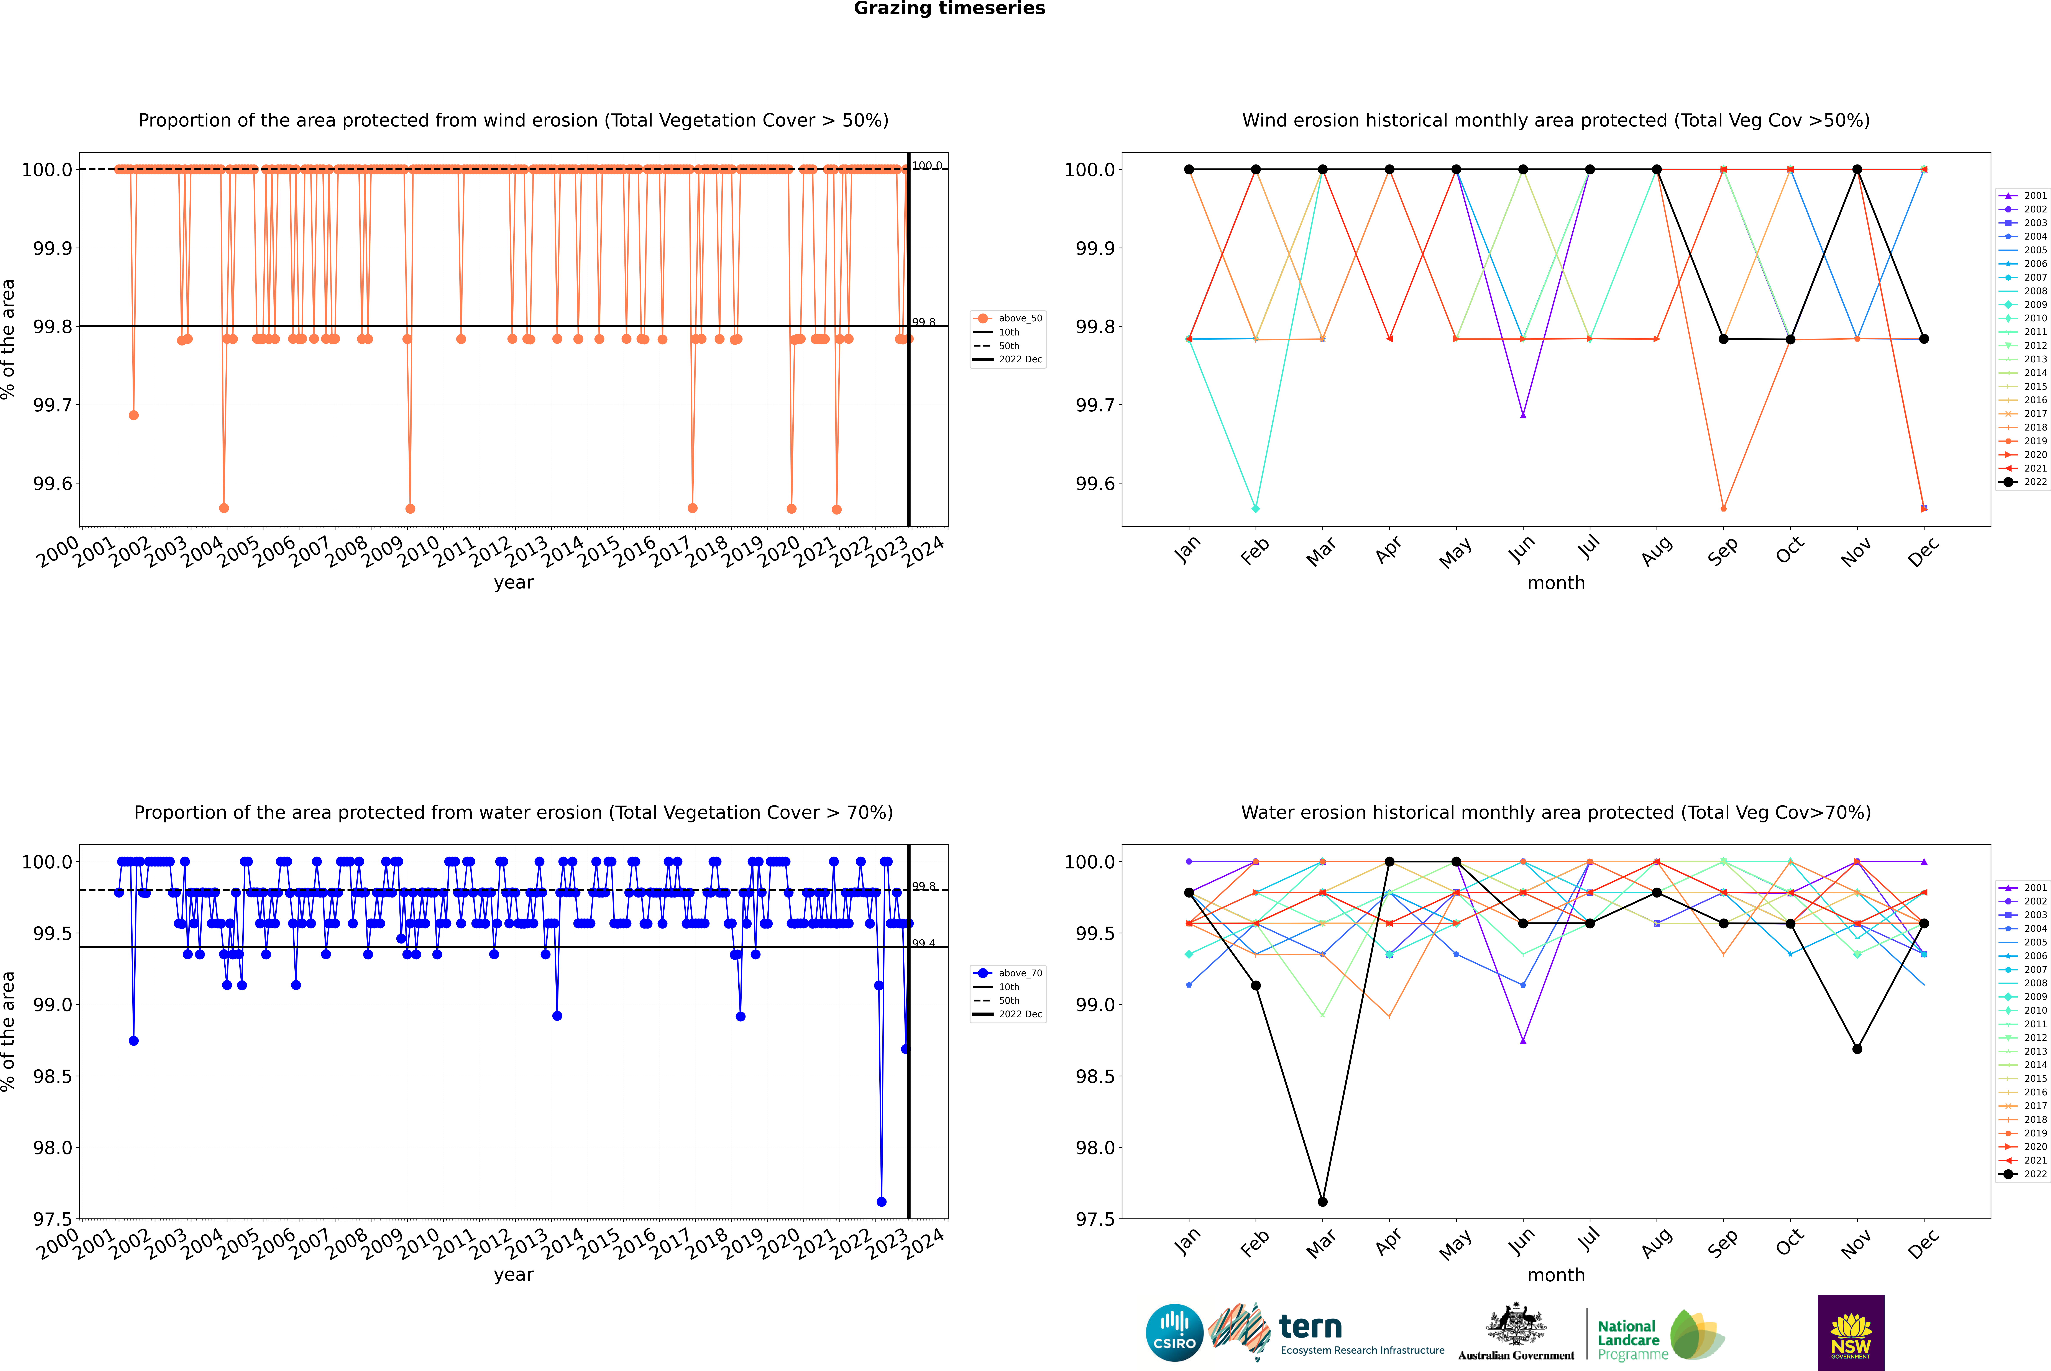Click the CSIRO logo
[1174, 1333]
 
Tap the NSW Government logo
[1851, 1333]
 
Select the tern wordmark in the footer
[1310, 1327]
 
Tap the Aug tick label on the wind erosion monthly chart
[1657, 551]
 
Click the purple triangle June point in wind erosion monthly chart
[1523, 415]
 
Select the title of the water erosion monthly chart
[1555, 812]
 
